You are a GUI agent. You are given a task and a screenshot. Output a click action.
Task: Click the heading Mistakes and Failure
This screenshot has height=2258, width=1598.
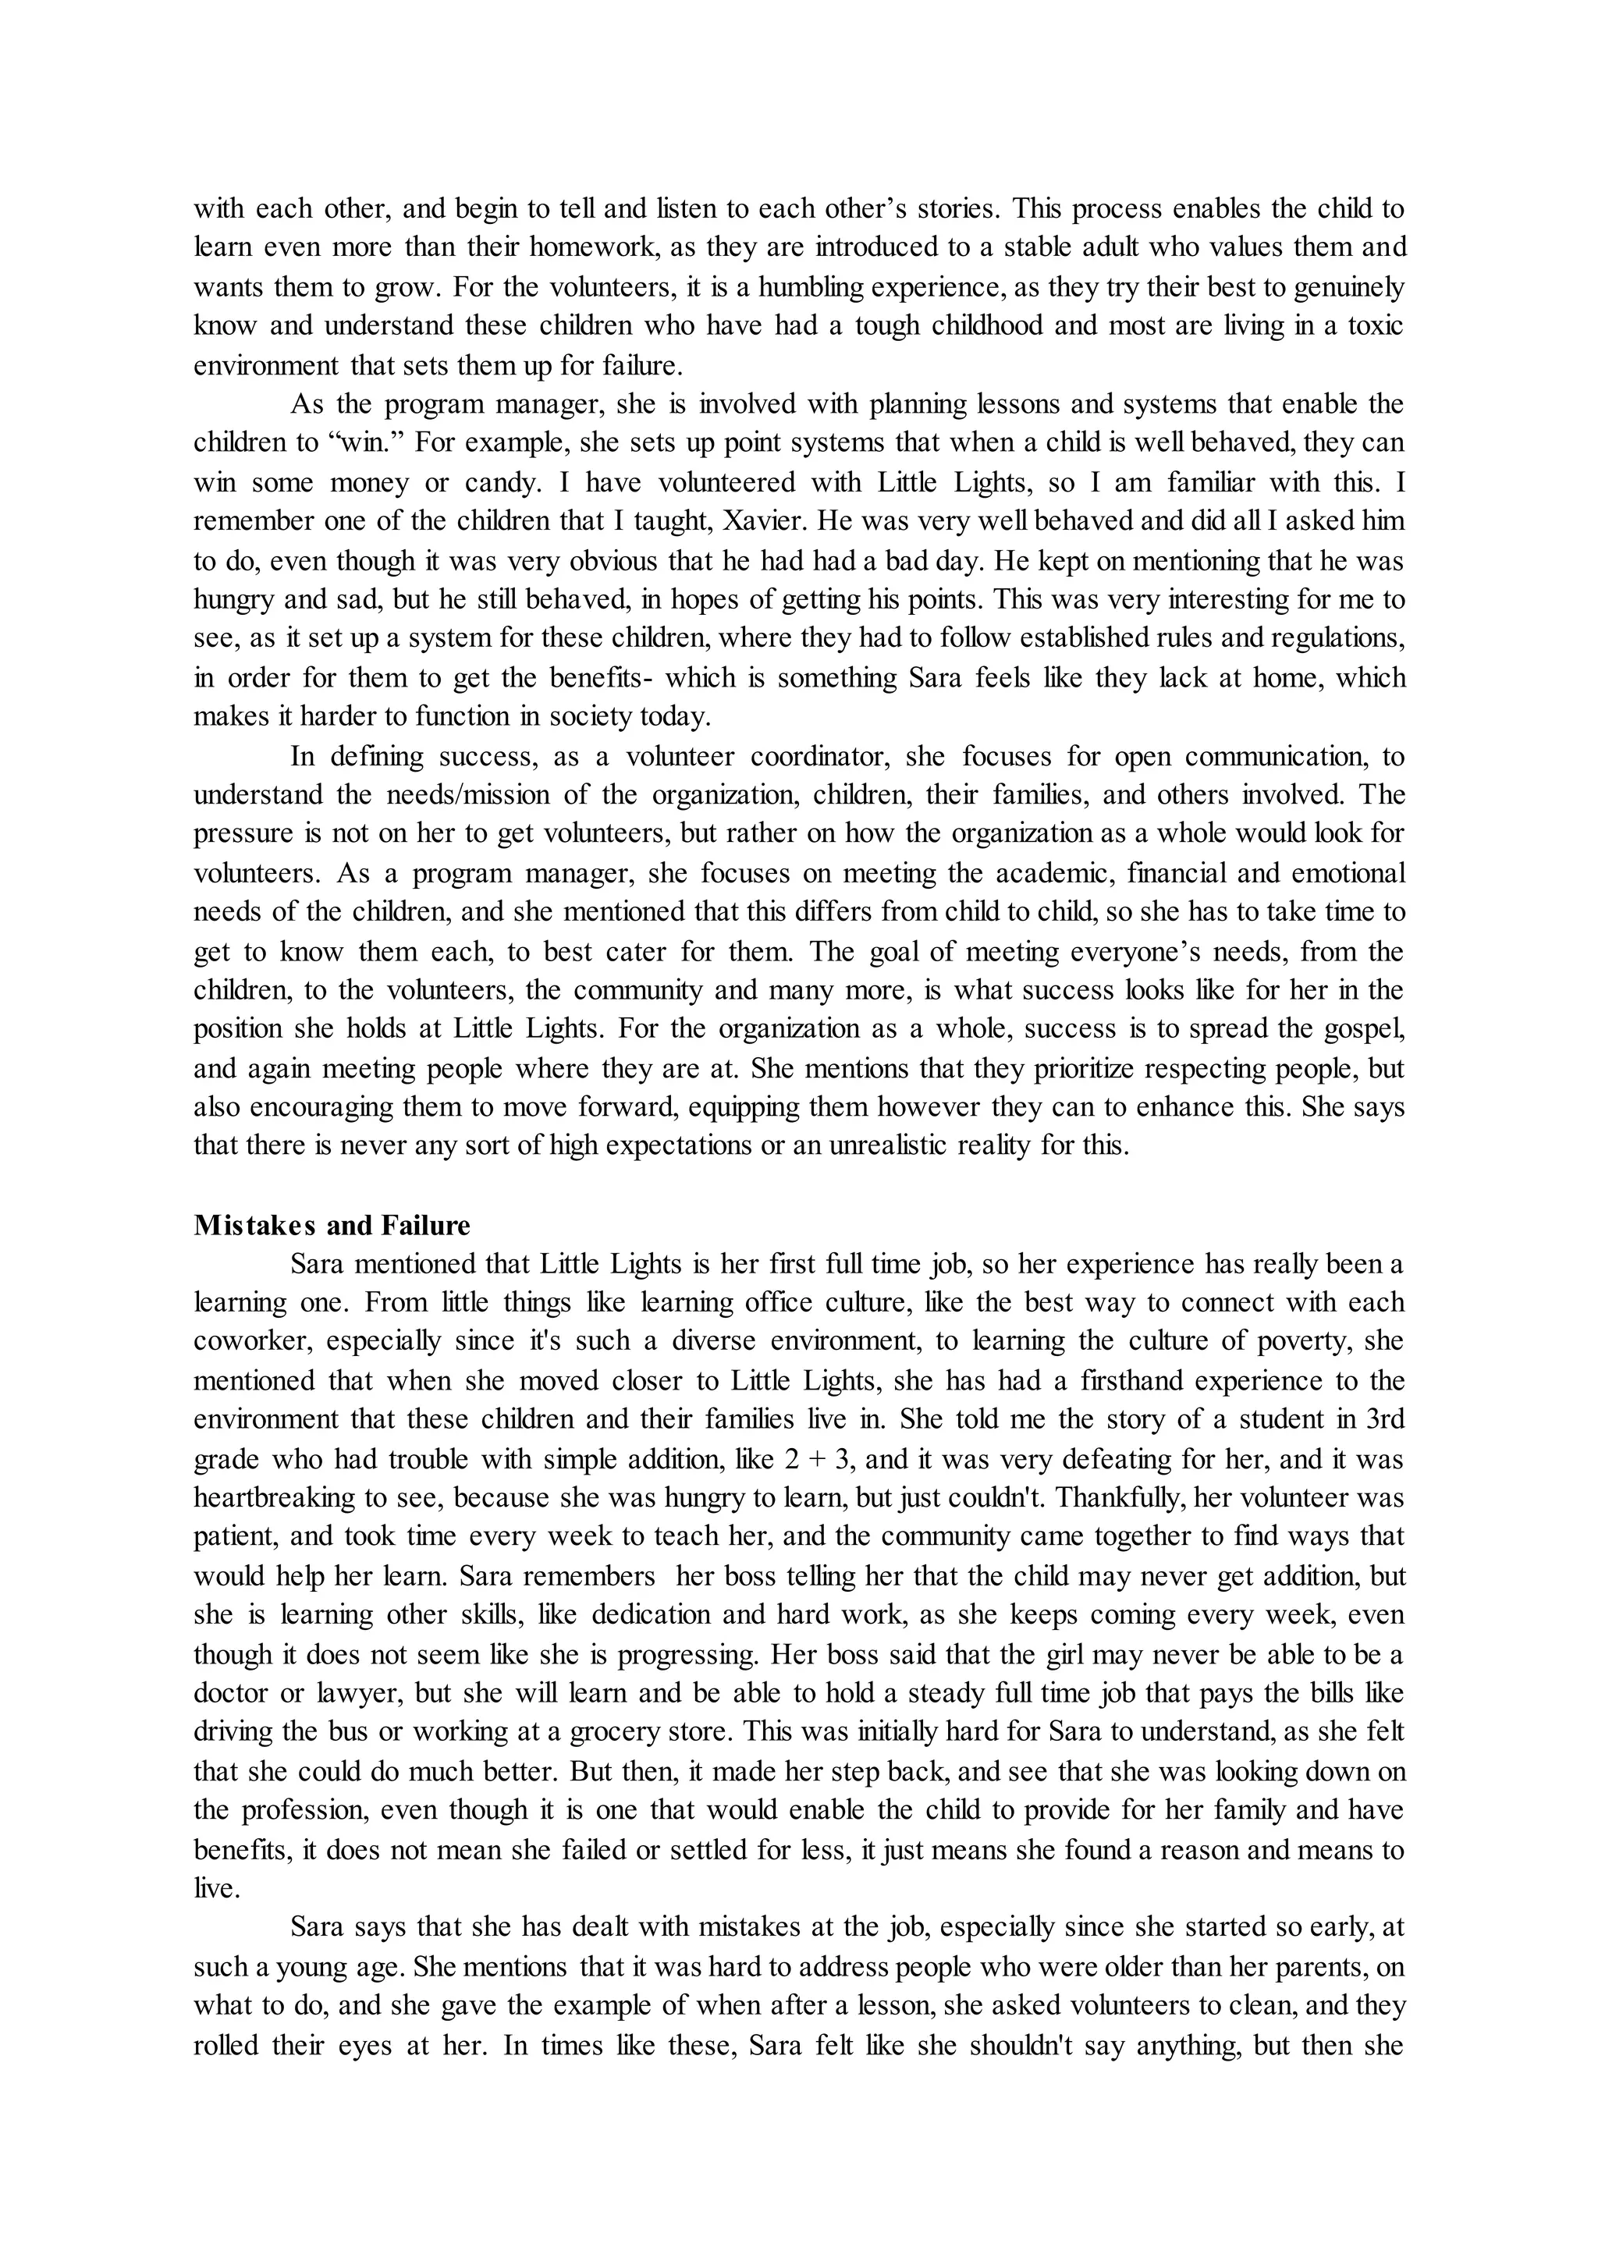click(332, 1226)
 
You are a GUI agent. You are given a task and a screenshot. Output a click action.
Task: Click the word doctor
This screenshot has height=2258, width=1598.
click(230, 1693)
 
